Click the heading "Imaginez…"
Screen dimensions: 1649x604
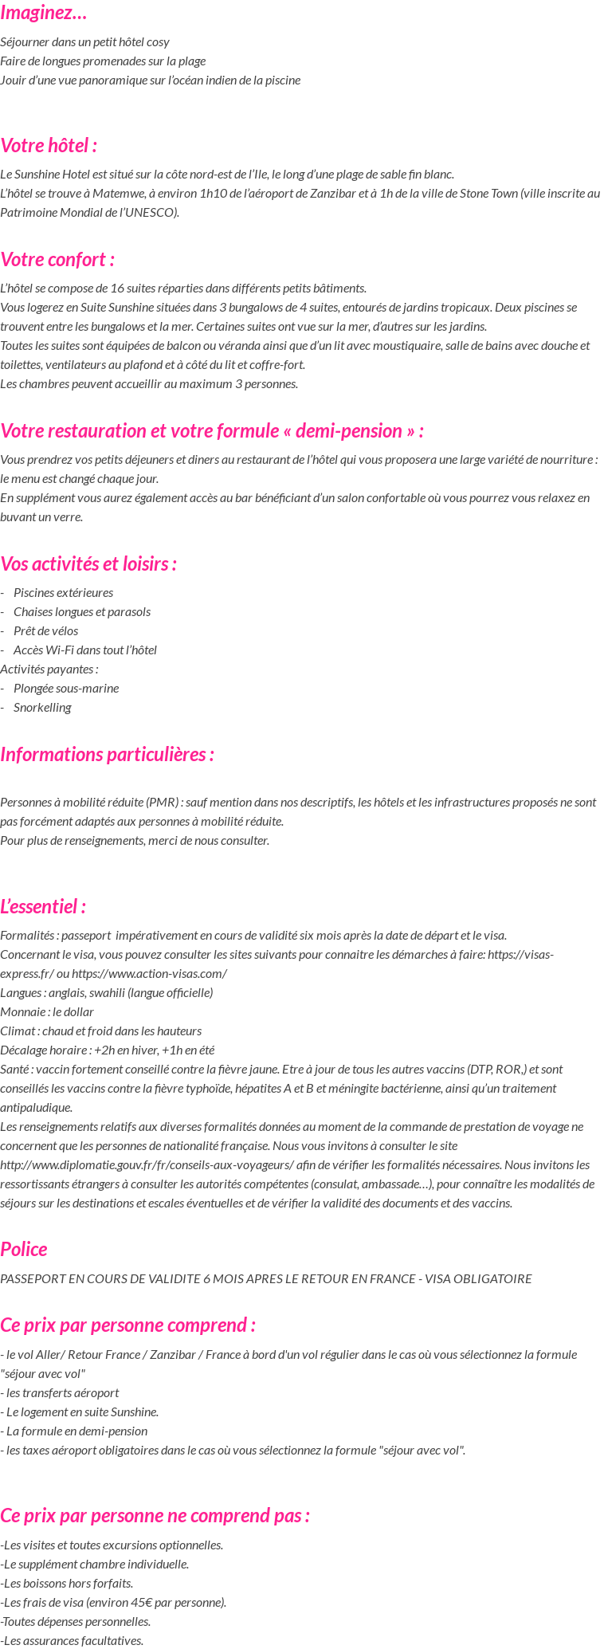click(x=44, y=13)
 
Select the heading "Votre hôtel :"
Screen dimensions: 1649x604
click(x=49, y=146)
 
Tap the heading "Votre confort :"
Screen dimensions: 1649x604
click(x=57, y=260)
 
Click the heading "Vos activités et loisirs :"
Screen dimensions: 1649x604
click(x=88, y=564)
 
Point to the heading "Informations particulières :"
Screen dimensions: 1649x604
click(x=107, y=754)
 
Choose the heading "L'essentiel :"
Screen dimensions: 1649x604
click(x=43, y=907)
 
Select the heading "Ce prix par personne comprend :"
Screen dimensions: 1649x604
click(x=127, y=1325)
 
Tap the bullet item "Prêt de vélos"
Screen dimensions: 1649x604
click(x=45, y=630)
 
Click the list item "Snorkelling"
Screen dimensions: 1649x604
click(x=42, y=707)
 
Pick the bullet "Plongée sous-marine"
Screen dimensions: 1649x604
click(x=66, y=688)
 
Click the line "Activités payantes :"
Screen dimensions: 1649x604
click(x=49, y=669)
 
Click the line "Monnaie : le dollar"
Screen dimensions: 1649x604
click(x=47, y=1011)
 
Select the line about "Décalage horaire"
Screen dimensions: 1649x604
click(x=107, y=1050)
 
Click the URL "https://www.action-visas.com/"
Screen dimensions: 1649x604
click(x=149, y=973)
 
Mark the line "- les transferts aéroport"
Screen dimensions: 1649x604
click(x=60, y=1392)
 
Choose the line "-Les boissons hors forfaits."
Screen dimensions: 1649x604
click(x=67, y=1583)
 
